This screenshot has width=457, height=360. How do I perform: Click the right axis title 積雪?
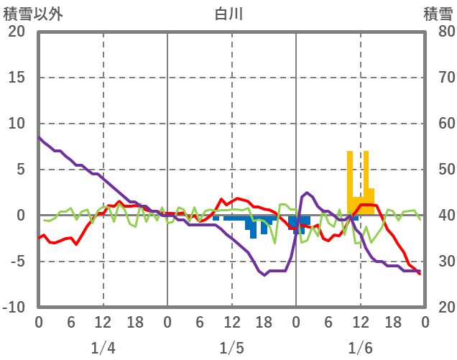(x=438, y=14)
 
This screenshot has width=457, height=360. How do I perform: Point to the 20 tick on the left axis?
(x=17, y=32)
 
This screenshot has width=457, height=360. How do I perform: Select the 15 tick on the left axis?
(x=17, y=78)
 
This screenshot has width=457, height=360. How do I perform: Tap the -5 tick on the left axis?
(x=17, y=262)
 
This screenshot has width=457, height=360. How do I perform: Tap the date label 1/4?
(x=103, y=349)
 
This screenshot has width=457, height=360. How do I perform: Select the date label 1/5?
(x=231, y=349)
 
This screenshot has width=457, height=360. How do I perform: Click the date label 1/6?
(x=360, y=349)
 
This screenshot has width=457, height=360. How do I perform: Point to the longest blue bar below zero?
(x=253, y=227)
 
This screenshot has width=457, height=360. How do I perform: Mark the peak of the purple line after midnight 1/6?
(x=307, y=193)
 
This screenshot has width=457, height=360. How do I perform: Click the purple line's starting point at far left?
(x=39, y=137)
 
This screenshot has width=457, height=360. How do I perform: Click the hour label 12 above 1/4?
(x=103, y=321)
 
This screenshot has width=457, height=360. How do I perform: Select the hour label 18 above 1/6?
(x=392, y=321)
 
